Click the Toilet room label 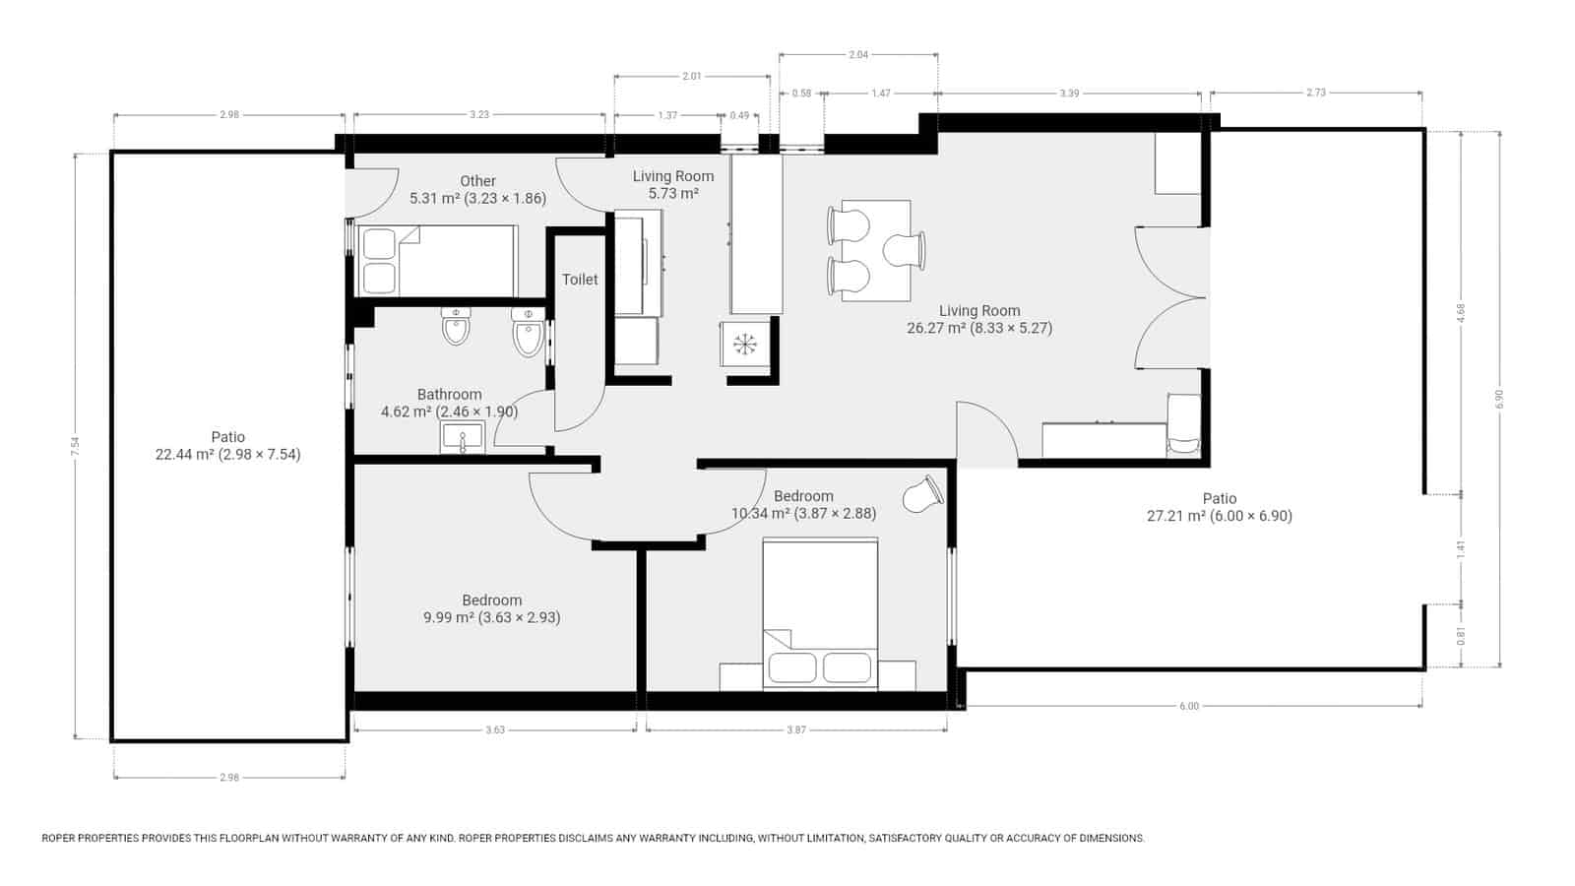580,280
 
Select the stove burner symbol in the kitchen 745,344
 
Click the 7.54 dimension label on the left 75,446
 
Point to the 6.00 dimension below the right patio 1189,706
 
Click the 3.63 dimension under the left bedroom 495,730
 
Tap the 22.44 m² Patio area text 227,454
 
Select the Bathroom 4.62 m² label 449,403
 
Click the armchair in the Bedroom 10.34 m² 923,494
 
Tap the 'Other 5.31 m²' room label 477,189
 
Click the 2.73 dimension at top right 1315,93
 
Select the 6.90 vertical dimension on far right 1499,399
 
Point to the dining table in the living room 876,250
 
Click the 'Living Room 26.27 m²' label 978,319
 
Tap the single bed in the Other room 438,261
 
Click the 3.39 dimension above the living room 1069,94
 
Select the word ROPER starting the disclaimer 61,839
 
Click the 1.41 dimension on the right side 1461,547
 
